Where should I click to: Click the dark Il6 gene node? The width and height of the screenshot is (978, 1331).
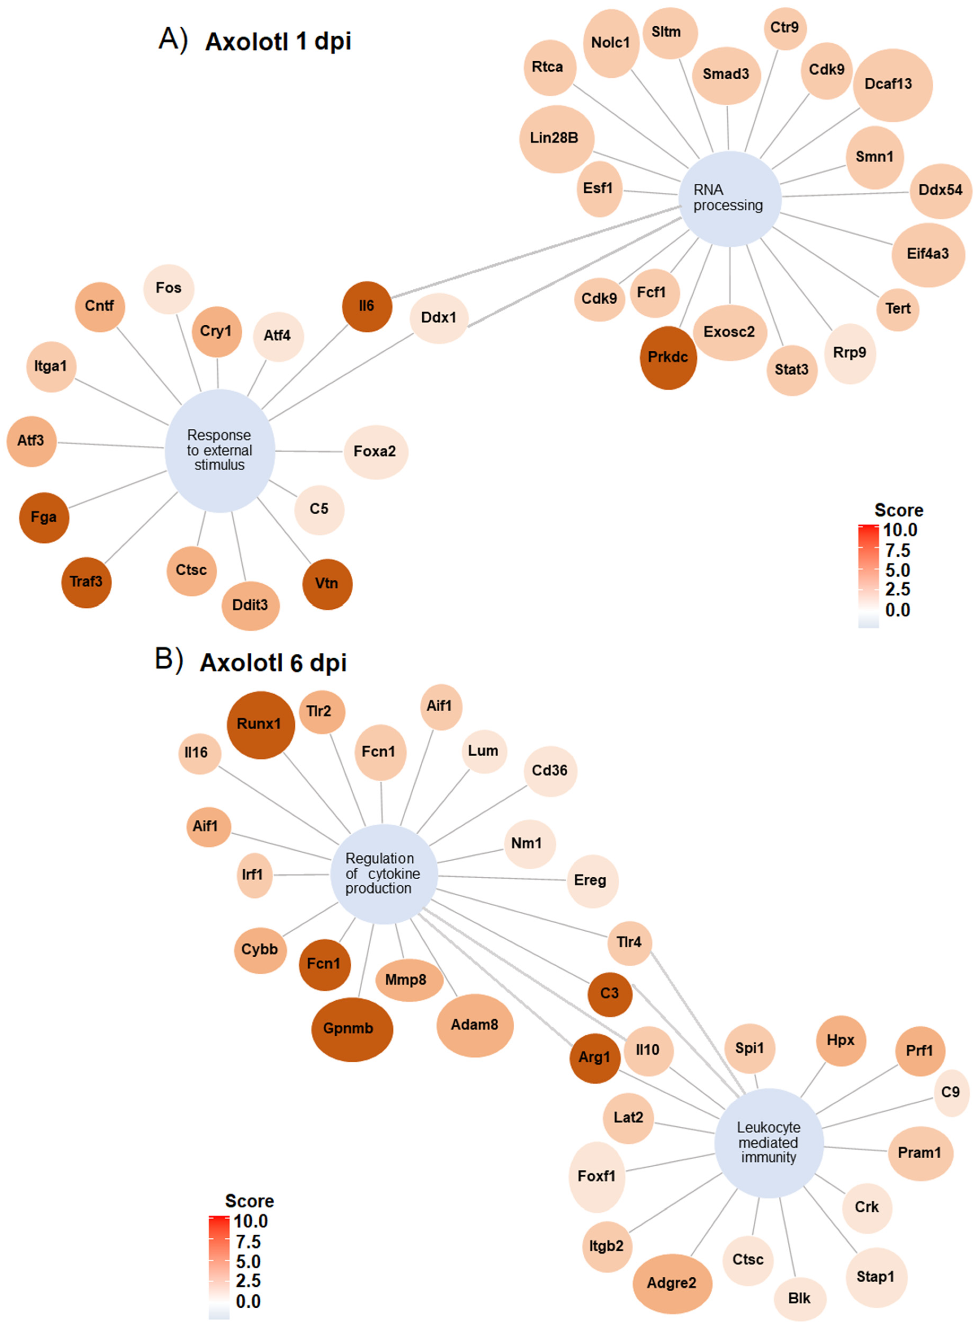tap(366, 307)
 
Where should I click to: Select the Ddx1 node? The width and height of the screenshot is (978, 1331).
tap(439, 318)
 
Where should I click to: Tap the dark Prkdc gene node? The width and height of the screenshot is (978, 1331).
tap(668, 357)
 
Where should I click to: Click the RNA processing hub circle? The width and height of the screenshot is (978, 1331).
tap(729, 198)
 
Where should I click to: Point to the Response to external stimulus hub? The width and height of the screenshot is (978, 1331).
tap(220, 450)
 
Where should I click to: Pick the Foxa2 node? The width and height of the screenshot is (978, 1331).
tap(375, 451)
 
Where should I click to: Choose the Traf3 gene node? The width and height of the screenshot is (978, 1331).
tap(87, 582)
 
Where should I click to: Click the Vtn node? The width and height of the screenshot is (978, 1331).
tap(327, 584)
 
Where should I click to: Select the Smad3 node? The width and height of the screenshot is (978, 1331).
tap(726, 75)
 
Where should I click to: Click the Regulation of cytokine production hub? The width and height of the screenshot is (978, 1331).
tap(383, 873)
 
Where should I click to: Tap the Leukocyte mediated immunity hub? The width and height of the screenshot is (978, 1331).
tap(769, 1142)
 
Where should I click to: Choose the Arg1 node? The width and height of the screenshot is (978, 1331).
tap(594, 1058)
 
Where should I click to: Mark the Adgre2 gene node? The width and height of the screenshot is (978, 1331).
tap(671, 1283)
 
